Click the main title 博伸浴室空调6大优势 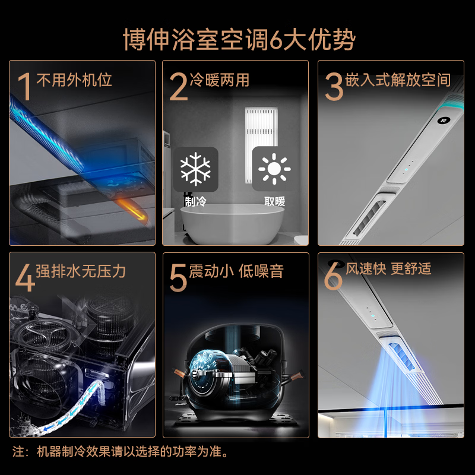239,40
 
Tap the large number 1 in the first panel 25,87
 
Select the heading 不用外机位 74,80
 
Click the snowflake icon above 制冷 195,169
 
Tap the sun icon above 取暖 274,169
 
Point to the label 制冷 196,201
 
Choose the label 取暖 275,201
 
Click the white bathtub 232,224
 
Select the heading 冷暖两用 219,80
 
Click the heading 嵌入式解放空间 398,80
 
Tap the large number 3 334,87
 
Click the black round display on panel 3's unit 444,121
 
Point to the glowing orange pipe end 133,208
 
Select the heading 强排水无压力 81,271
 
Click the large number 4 25,278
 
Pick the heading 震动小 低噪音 236,271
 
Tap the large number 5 178,278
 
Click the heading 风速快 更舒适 389,268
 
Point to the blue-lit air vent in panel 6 402,357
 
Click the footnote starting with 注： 121,452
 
